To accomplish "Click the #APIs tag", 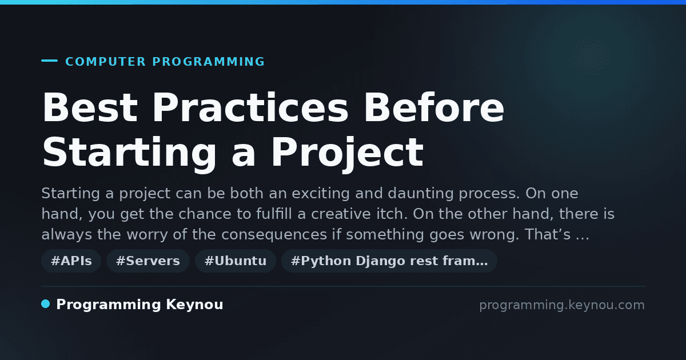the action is click(71, 261).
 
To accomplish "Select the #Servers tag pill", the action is click(148, 261).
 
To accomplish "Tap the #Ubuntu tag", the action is click(236, 261).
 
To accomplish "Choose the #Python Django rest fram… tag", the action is click(389, 261).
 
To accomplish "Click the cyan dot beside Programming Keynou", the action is click(46, 304).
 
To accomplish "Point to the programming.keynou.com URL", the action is click(562, 305).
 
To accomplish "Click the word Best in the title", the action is click(90, 107).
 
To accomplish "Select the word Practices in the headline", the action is click(250, 107).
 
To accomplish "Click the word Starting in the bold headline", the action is click(129, 153).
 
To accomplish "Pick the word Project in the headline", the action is click(348, 153).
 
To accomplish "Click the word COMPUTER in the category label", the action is click(106, 62).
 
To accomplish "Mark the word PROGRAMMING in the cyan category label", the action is click(209, 62).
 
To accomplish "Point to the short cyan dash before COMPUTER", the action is click(49, 61).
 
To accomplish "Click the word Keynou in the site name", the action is click(194, 305).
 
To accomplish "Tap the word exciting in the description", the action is click(321, 194).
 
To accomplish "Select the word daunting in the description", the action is click(421, 194).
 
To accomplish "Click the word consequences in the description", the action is click(274, 235).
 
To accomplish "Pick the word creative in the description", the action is click(341, 214).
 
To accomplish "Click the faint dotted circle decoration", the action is click(590, 57).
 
